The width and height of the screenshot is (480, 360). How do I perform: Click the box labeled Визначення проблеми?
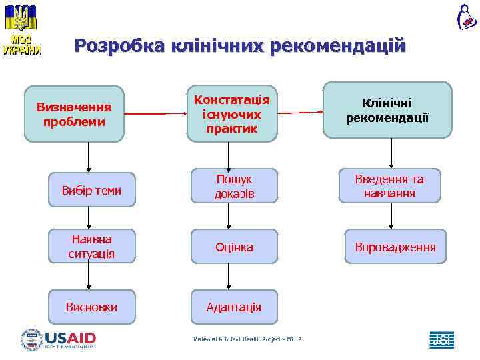coord(74,114)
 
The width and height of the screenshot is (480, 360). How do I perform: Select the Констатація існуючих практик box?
coord(232,113)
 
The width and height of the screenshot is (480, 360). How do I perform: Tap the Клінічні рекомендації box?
coord(387,111)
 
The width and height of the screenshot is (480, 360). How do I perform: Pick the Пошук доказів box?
coord(232,186)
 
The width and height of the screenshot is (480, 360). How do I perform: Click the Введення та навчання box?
coord(389,186)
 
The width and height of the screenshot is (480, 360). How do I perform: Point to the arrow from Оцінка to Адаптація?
coord(229,277)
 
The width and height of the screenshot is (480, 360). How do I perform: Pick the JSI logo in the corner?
coord(441,339)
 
